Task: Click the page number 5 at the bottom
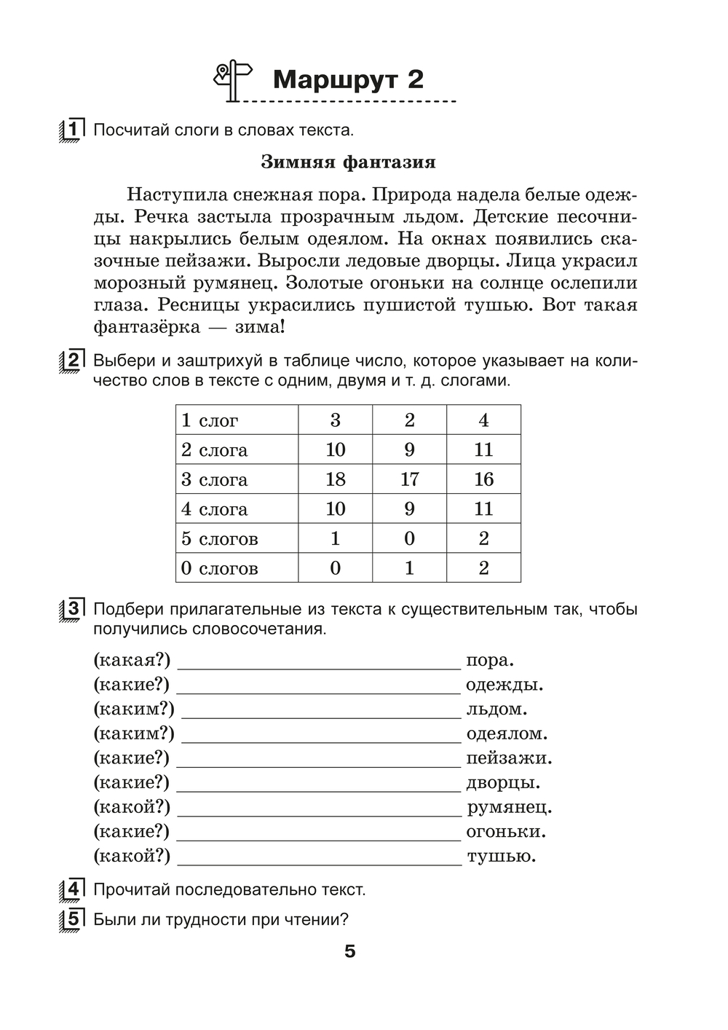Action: [350, 951]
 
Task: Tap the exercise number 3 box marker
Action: [71, 609]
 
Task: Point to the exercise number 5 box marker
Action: [71, 919]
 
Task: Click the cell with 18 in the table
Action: [335, 479]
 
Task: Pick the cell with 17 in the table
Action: [409, 479]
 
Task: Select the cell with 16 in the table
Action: [483, 479]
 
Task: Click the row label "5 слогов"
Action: [219, 539]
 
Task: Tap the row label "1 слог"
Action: [210, 420]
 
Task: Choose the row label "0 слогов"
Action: [219, 569]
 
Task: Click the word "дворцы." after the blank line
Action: [503, 783]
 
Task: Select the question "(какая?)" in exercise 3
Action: [132, 661]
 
